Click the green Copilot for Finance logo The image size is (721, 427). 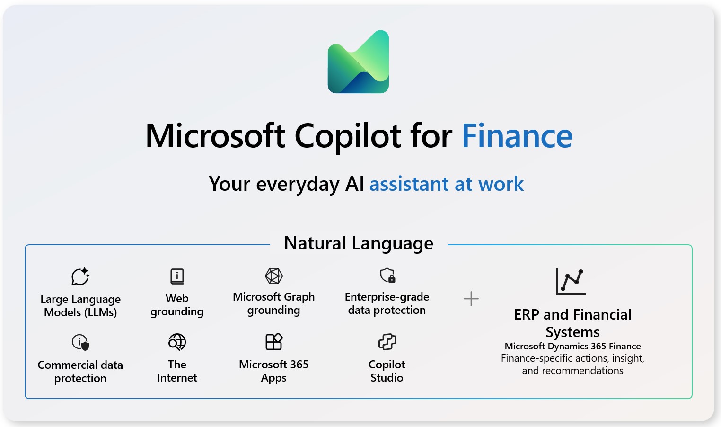(x=358, y=62)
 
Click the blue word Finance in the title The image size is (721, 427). (x=517, y=136)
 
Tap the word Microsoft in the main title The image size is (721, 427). (x=215, y=136)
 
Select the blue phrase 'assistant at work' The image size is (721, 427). (x=446, y=184)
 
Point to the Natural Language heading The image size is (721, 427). (x=358, y=243)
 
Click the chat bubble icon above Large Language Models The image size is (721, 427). (x=80, y=276)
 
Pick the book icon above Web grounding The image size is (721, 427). (x=177, y=276)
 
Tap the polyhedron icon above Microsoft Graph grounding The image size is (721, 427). (x=273, y=276)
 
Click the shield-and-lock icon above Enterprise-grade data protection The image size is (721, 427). (x=387, y=275)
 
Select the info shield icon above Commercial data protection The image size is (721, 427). (x=80, y=342)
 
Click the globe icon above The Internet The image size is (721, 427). (x=177, y=342)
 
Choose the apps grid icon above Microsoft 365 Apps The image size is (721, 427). (x=273, y=341)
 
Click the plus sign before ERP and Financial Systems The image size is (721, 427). (x=471, y=299)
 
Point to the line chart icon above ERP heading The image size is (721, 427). (x=571, y=281)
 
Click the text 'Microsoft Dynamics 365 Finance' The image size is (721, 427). (x=572, y=346)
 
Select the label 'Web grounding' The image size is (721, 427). (x=177, y=305)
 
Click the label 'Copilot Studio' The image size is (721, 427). (x=387, y=371)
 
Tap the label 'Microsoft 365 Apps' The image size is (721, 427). (x=273, y=371)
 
